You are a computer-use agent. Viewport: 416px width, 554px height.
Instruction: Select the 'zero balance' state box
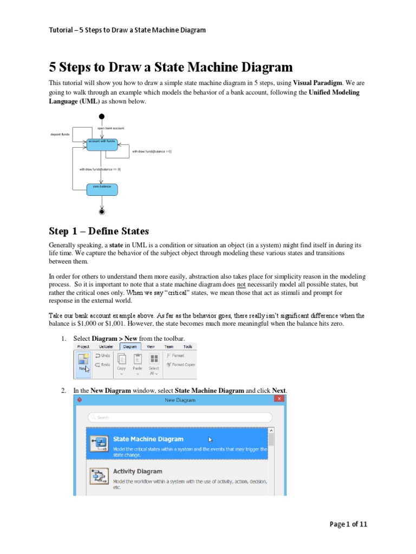[102, 188]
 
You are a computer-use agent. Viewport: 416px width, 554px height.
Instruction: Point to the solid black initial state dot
[102, 116]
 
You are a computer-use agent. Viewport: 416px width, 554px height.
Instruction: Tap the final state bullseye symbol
[102, 212]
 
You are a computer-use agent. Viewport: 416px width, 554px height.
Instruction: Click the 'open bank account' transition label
[110, 128]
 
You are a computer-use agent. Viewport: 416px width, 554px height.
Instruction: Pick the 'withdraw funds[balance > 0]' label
[152, 151]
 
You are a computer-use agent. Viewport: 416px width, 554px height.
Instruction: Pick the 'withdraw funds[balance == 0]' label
[100, 169]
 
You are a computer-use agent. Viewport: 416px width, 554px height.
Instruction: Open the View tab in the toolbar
[151, 346]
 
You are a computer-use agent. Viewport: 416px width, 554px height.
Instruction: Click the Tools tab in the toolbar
[187, 346]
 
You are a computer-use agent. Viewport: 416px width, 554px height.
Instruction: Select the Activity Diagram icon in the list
[99, 476]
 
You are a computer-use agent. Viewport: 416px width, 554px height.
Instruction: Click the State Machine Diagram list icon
[99, 444]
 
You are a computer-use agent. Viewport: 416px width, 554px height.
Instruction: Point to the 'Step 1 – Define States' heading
[99, 232]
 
